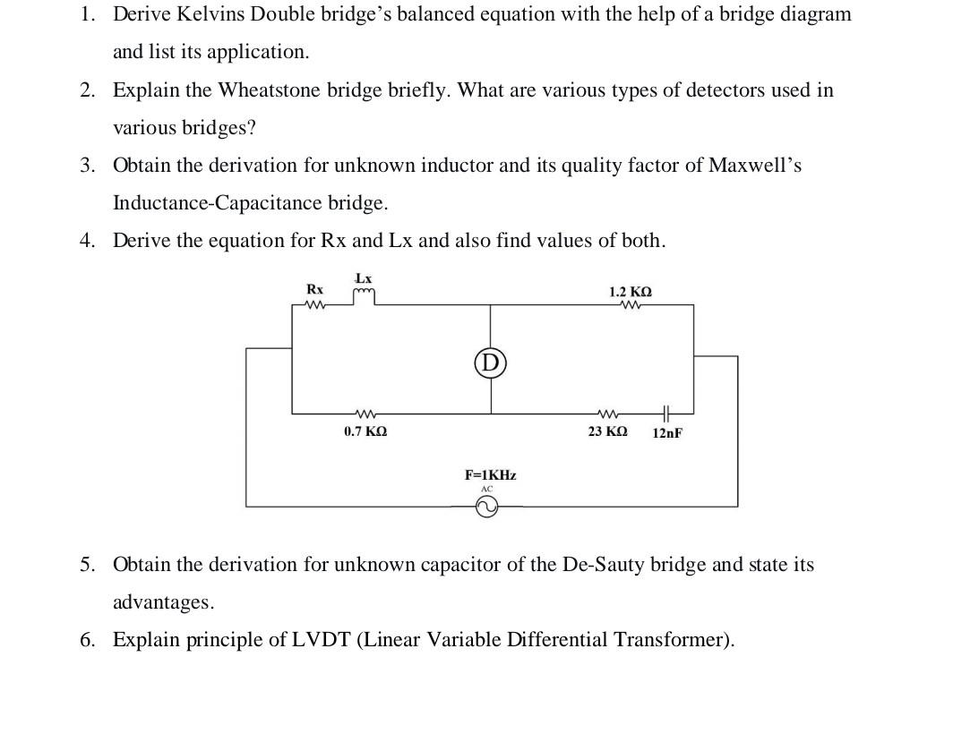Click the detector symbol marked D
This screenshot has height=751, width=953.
point(489,363)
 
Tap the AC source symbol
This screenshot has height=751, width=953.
point(485,508)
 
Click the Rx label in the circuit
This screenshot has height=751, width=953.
point(314,289)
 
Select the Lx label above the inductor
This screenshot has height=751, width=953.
point(364,278)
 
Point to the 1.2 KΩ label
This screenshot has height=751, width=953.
point(631,292)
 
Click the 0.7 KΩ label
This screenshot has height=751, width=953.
point(365,431)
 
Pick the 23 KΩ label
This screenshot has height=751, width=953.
point(607,431)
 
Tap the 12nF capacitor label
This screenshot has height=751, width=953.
point(667,432)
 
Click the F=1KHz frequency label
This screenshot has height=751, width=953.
point(490,474)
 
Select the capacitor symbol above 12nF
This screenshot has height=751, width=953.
point(665,413)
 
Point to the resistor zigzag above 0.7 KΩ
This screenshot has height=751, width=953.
point(365,414)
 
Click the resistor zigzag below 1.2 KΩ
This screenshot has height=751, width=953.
point(631,305)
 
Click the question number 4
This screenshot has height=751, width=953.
point(86,240)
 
